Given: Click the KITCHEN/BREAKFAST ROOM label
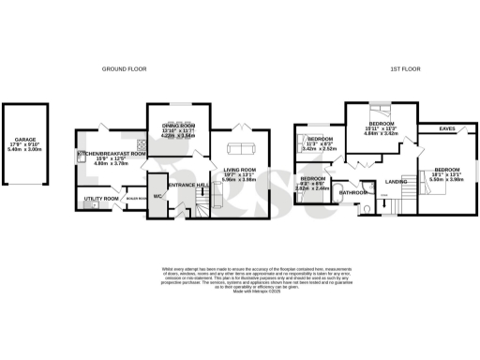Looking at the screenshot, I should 111,153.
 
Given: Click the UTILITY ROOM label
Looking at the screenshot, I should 101,199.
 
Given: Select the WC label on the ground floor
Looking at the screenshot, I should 157,196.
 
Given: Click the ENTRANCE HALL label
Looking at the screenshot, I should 187,186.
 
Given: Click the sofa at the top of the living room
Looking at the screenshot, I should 241,147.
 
